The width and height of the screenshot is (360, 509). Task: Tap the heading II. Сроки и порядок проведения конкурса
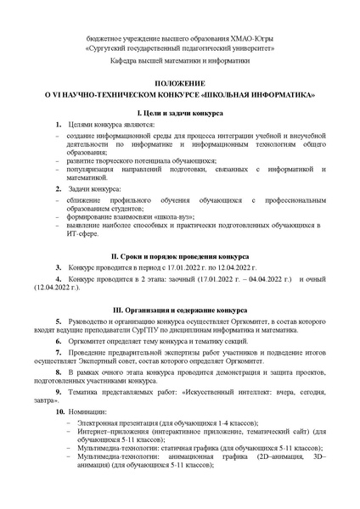click(179, 255)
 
